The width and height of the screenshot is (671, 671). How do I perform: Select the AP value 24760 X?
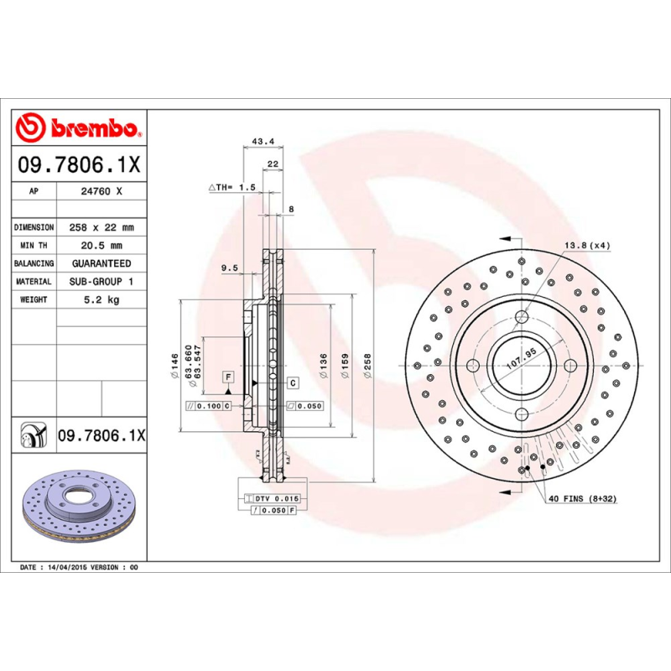click(101, 191)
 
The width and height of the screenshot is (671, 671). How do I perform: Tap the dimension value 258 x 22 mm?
click(101, 227)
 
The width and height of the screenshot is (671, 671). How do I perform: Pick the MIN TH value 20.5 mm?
click(101, 246)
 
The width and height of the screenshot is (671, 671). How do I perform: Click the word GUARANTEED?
click(101, 263)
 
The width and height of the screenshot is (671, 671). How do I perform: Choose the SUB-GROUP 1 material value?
click(101, 282)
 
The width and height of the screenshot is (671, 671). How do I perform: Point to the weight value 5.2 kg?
click(101, 299)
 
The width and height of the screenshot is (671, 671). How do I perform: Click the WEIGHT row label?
click(34, 299)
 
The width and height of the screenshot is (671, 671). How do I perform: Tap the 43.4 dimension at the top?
click(263, 141)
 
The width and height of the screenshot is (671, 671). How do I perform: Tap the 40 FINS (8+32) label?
click(582, 499)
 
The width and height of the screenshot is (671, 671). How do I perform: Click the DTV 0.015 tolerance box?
click(276, 498)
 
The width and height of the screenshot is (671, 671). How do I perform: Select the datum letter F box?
click(227, 377)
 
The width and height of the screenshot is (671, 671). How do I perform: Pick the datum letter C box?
click(293, 383)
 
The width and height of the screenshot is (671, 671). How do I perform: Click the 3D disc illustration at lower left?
click(76, 507)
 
